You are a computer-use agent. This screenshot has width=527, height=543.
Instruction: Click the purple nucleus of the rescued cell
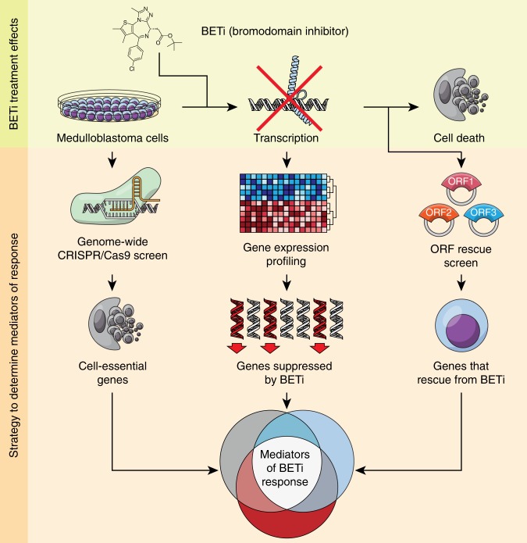450,324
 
